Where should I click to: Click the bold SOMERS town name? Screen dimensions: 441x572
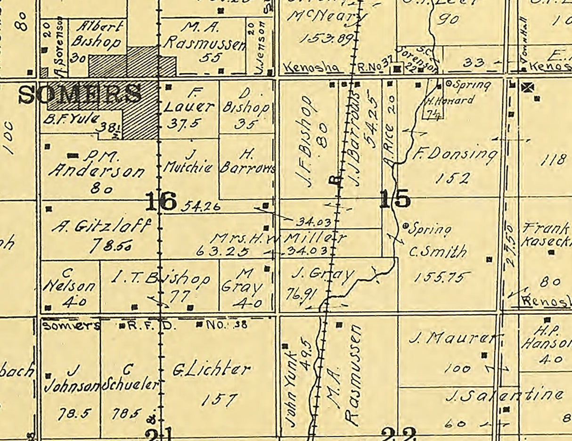(x=80, y=94)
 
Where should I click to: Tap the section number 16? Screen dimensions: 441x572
(x=161, y=201)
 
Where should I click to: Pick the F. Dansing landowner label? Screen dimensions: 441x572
(x=455, y=154)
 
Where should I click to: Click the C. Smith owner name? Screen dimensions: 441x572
(x=438, y=251)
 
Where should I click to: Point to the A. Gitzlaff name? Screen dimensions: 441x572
(x=102, y=226)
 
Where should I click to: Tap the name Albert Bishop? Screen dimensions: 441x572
(x=97, y=34)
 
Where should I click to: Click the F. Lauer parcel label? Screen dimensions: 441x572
(x=190, y=99)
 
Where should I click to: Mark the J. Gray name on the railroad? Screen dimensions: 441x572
(x=322, y=274)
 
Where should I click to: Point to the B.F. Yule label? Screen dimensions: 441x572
(x=71, y=118)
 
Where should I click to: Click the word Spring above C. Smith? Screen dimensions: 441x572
(x=429, y=229)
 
